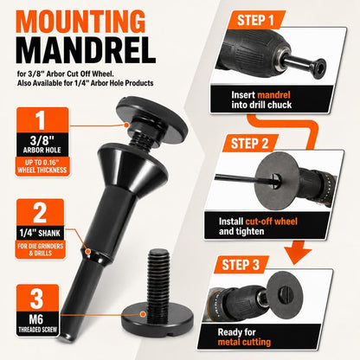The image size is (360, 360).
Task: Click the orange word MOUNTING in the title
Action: click(x=80, y=22)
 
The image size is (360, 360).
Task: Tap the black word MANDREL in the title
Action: click(x=87, y=50)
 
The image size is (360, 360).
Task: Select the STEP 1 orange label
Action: click(x=255, y=20)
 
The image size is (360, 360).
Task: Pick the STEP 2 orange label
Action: click(x=250, y=143)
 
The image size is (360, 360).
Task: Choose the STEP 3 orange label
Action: click(x=241, y=265)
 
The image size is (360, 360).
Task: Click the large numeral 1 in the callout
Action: click(x=40, y=120)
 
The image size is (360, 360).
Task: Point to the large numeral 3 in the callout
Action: click(x=36, y=299)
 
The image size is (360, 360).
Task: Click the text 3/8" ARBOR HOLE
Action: click(x=42, y=145)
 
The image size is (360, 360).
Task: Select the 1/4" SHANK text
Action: click(x=40, y=233)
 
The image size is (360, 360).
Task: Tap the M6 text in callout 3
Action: click(x=36, y=319)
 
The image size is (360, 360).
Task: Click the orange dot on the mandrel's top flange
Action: click(x=126, y=125)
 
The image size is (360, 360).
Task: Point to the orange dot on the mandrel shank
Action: click(x=88, y=251)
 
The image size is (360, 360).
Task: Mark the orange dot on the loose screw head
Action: click(x=143, y=314)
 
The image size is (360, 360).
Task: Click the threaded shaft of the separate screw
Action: click(x=158, y=278)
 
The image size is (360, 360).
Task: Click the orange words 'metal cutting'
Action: click(x=244, y=342)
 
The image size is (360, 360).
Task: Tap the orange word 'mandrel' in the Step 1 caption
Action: click(x=273, y=95)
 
